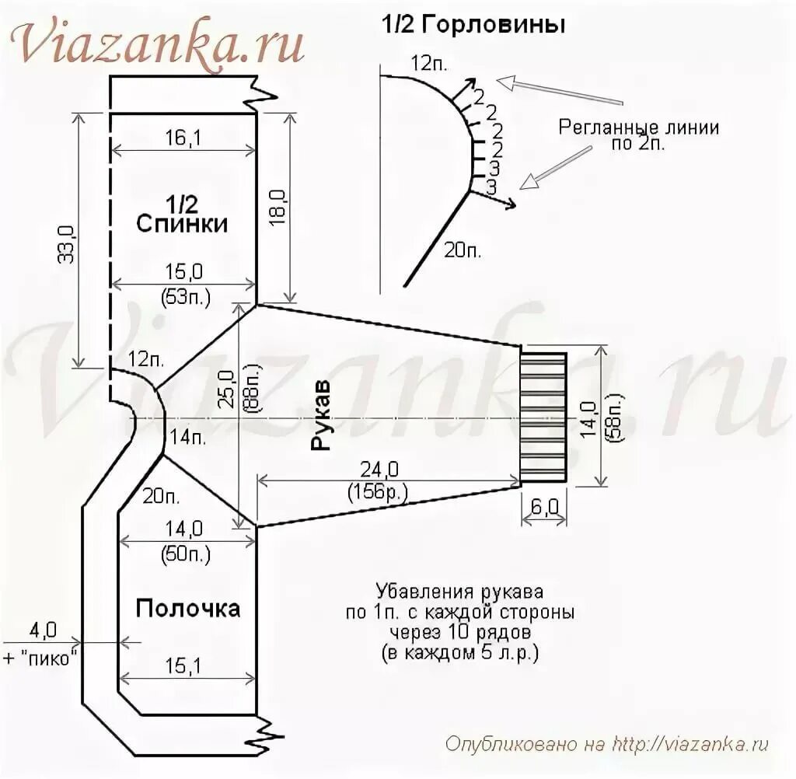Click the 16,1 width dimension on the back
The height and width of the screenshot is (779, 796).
coord(183,138)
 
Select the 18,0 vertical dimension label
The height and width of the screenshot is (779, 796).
coord(278,207)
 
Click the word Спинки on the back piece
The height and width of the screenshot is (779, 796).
coord(183,224)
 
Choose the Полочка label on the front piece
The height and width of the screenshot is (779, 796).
coord(188,608)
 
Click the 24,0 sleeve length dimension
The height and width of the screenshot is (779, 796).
coord(379,470)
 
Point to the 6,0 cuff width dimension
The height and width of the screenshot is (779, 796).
coord(545,508)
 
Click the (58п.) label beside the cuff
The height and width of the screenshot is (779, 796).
coord(613,420)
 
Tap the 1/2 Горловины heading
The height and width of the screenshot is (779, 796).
coord(472,25)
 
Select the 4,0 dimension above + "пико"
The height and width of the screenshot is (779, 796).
coord(43,628)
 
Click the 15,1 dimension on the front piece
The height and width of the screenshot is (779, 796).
coord(183,665)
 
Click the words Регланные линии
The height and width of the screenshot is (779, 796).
coord(638,128)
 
